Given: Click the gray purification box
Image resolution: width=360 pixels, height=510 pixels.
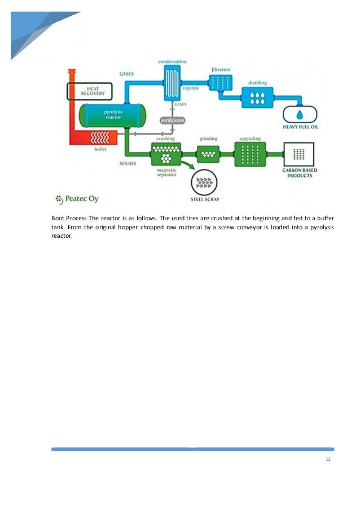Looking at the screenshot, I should [172, 121].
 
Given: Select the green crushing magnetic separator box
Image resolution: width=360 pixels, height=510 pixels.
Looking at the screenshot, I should [165, 151].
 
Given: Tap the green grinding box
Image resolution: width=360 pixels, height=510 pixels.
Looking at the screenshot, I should [208, 152].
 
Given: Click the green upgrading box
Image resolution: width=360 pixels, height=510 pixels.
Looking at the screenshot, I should [249, 152].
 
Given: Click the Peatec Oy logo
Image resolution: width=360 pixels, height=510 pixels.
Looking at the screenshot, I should [77, 198].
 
